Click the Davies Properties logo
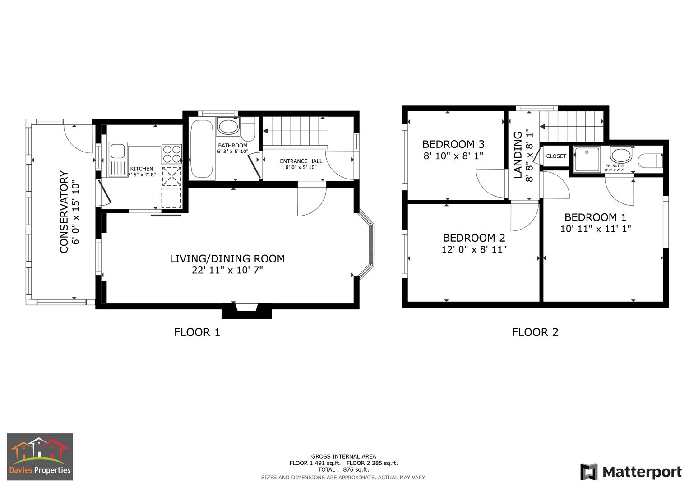coord(40,457)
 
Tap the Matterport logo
coord(630,472)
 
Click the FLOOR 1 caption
coord(197,332)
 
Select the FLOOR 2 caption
coord(535,332)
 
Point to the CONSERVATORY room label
coord(64,212)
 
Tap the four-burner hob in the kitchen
coord(171,154)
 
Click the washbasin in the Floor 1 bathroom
coord(228,126)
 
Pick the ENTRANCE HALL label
coord(301,161)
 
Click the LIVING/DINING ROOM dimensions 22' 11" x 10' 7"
coord(227,271)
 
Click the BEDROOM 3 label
coord(453,144)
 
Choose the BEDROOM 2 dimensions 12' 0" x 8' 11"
coord(474,249)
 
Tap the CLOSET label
coord(556,156)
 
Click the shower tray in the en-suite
coord(587,159)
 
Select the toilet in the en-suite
coord(651,160)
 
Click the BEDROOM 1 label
coord(595,217)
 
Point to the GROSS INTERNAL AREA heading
coord(343,456)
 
